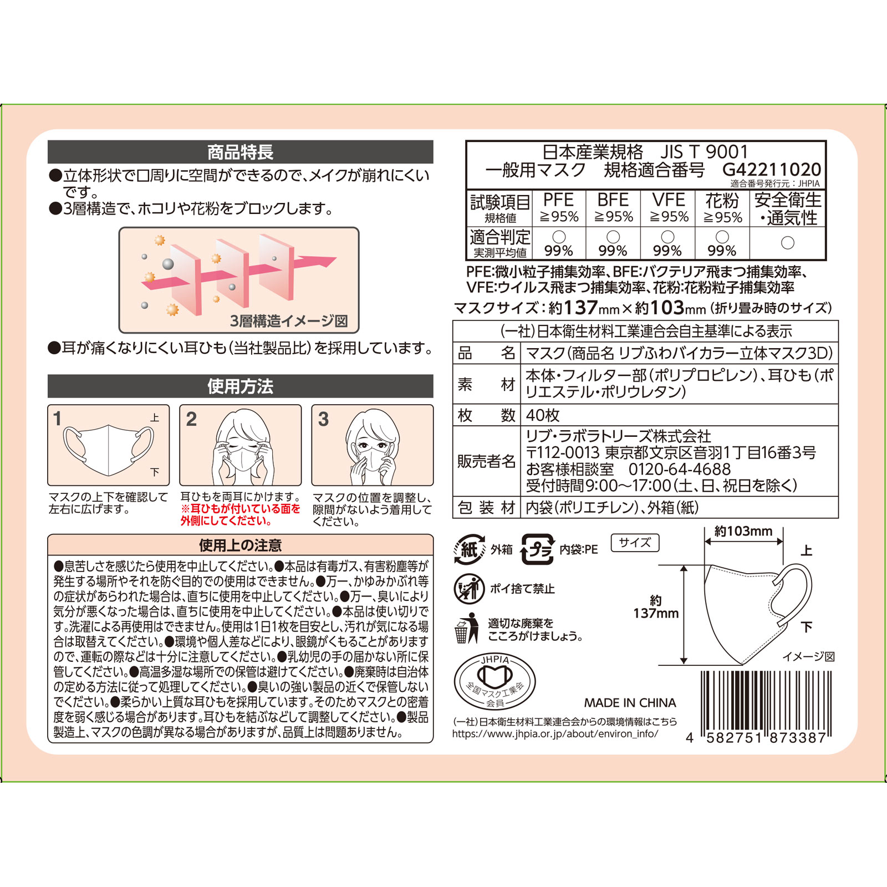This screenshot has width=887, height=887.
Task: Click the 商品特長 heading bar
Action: pyautogui.click(x=240, y=152)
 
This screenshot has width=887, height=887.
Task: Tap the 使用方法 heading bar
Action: pyautogui.click(x=240, y=386)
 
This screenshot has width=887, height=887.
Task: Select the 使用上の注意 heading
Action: pyautogui.click(x=240, y=546)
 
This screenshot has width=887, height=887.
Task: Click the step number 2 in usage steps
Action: pyautogui.click(x=191, y=419)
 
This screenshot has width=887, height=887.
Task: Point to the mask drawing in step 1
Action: pyautogui.click(x=109, y=450)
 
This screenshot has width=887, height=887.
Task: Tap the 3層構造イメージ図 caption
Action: pyautogui.click(x=289, y=321)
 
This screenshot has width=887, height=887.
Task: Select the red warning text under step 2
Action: pyautogui.click(x=240, y=515)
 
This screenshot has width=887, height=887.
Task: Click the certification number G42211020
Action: pyautogui.click(x=772, y=170)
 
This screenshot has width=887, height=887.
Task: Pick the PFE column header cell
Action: pyautogui.click(x=558, y=208)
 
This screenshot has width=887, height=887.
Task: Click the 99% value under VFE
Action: pyautogui.click(x=667, y=251)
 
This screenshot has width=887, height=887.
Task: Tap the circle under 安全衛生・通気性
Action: pyautogui.click(x=787, y=243)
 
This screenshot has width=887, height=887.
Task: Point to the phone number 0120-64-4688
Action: pyautogui.click(x=680, y=470)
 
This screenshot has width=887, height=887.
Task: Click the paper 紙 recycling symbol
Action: pyautogui.click(x=470, y=549)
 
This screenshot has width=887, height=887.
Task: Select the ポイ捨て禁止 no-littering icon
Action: pyautogui.click(x=469, y=589)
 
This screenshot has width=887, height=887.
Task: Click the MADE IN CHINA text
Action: pyautogui.click(x=630, y=703)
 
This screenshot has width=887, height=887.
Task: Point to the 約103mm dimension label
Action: pyautogui.click(x=743, y=531)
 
